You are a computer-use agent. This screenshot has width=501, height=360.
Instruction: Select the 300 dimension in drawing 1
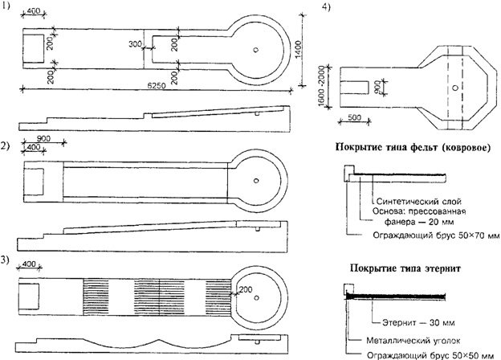tap(135, 46)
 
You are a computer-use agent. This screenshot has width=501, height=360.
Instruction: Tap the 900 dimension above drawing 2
tap(43, 138)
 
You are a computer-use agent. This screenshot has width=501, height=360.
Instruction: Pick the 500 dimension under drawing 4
tap(355, 118)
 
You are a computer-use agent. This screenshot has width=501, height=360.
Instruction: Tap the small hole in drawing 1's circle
tap(255, 49)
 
